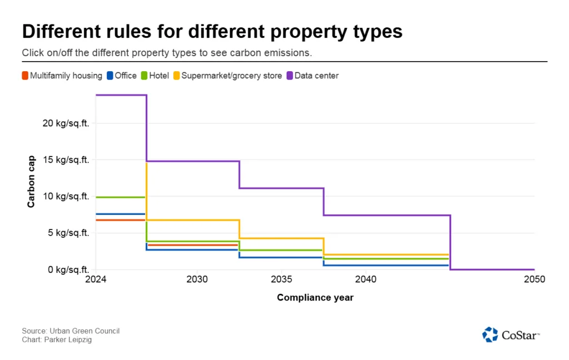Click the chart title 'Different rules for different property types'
click(x=212, y=32)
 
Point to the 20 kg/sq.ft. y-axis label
click(x=66, y=123)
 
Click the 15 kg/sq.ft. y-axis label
click(x=66, y=159)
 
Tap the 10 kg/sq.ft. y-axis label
click(x=66, y=196)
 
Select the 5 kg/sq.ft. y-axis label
click(x=68, y=233)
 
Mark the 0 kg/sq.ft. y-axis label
click(x=68, y=269)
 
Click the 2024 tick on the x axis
click(x=96, y=279)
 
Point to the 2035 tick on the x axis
click(x=281, y=279)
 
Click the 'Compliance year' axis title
click(x=315, y=297)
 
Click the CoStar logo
click(x=511, y=334)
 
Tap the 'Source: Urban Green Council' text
click(x=71, y=331)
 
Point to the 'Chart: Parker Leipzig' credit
click(x=57, y=339)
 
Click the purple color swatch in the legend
click(x=289, y=76)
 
